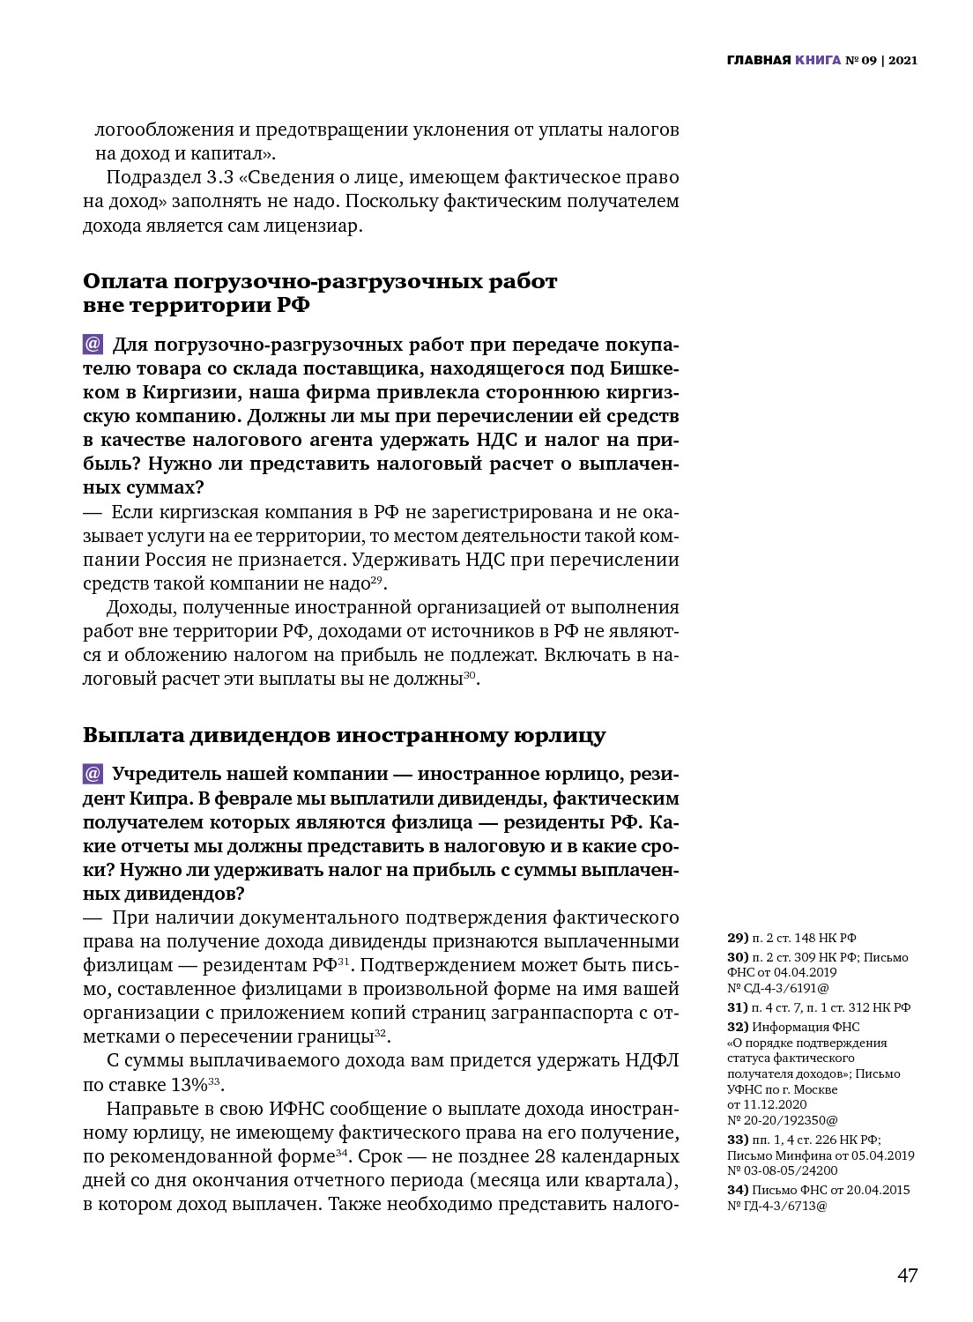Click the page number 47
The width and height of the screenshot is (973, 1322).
coord(907,1275)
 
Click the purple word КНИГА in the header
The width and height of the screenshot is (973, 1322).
coord(817,61)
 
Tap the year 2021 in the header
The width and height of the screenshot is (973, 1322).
coord(902,61)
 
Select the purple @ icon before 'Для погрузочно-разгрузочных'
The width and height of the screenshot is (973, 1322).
coord(93,344)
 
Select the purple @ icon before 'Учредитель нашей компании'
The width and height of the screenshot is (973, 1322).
coord(93,774)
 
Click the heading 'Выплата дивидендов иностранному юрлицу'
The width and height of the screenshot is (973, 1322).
coord(344,735)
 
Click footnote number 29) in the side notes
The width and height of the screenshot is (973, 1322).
coord(738,938)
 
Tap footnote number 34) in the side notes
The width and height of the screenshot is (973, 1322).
coord(738,1190)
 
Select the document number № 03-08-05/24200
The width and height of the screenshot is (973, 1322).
coord(783,1171)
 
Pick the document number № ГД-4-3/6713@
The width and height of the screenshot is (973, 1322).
coord(777,1206)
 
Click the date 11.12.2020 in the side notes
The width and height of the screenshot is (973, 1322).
coord(776,1104)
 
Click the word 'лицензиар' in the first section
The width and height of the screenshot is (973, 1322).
coord(313,226)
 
